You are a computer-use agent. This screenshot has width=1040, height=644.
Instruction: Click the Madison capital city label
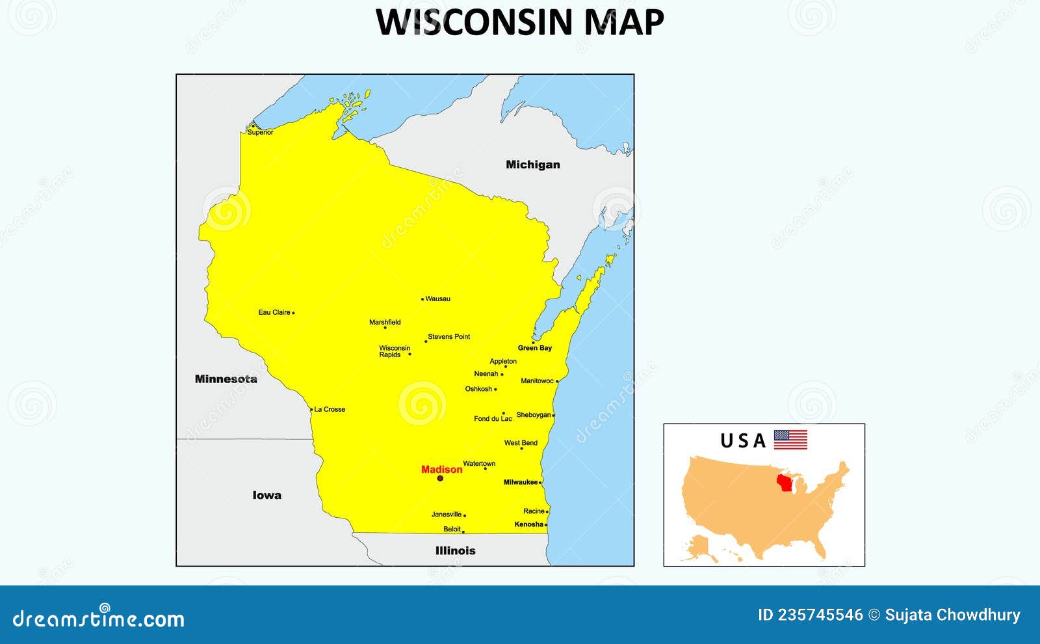click(x=441, y=469)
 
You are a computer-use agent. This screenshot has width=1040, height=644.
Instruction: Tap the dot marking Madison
click(x=440, y=478)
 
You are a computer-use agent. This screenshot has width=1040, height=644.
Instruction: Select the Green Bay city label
click(x=534, y=348)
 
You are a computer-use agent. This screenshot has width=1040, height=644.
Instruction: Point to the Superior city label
click(x=260, y=132)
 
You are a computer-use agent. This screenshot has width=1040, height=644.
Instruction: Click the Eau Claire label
click(x=274, y=312)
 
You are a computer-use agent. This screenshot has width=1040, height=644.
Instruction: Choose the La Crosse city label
click(x=330, y=409)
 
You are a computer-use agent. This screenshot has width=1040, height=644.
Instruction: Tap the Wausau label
click(x=437, y=299)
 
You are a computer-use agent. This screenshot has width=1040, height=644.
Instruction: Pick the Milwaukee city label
click(x=521, y=482)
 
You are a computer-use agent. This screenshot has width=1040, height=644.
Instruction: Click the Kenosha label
click(x=528, y=524)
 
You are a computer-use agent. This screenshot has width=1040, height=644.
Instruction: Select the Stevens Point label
click(x=448, y=336)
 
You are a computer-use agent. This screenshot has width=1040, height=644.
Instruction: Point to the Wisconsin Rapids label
click(x=395, y=351)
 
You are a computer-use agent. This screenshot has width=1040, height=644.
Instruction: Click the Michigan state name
click(x=532, y=165)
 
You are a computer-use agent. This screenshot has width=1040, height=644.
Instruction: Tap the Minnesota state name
click(x=226, y=379)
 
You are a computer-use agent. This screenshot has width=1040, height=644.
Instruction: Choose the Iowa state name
click(x=266, y=495)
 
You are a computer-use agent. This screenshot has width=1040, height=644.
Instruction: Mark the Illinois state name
click(x=455, y=550)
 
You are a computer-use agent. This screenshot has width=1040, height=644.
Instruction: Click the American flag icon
click(x=790, y=440)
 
